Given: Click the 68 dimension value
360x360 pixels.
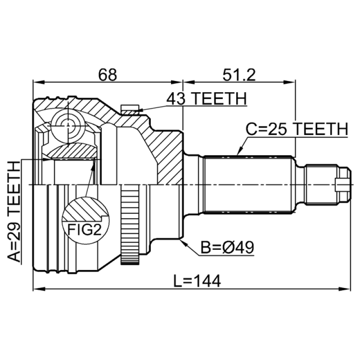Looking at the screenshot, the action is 108,75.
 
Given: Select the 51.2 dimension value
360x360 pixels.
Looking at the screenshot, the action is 239,75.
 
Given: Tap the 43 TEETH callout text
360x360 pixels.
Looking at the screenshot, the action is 207,99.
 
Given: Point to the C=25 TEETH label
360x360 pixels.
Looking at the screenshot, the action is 297,129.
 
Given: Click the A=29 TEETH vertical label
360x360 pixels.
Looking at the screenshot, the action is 14,211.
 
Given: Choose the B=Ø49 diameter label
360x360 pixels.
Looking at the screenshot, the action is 227,247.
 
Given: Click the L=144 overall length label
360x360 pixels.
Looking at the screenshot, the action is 197,281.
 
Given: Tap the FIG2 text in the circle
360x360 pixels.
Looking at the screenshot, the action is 84,229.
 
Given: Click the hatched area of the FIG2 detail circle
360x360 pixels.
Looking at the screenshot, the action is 85,208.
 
